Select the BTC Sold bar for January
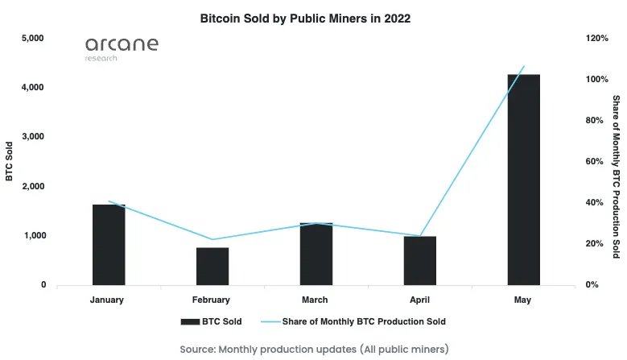click(x=109, y=245)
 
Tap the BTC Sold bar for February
click(x=212, y=266)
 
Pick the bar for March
click(x=316, y=254)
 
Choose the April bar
click(x=419, y=260)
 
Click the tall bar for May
click(x=523, y=179)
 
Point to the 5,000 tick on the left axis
click(x=33, y=38)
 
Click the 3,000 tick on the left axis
click(x=33, y=137)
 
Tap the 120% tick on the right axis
click(x=596, y=38)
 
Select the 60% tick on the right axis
click(x=594, y=161)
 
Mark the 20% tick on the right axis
click(x=594, y=243)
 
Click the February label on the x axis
click(x=212, y=300)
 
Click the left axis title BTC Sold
click(x=10, y=161)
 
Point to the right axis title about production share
click(x=616, y=176)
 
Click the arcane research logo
click(x=122, y=48)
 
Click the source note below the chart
click(x=314, y=349)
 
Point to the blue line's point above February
click(x=212, y=239)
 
